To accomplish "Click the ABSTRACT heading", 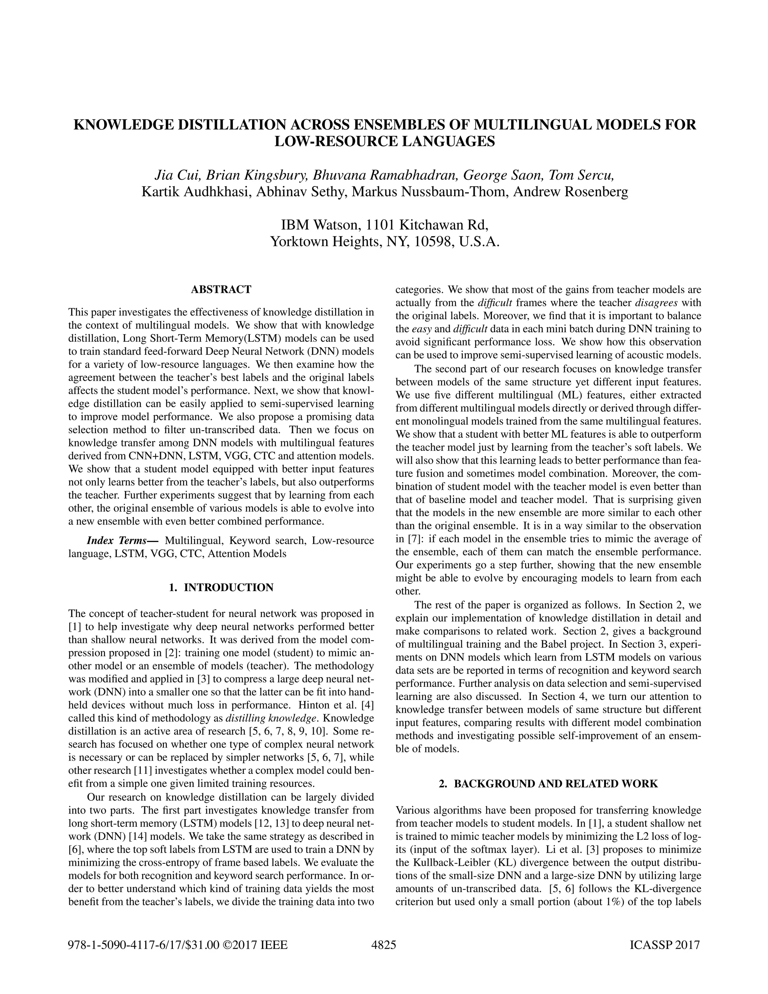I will pyautogui.click(x=221, y=290).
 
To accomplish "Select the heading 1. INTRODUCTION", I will pyautogui.click(x=221, y=587).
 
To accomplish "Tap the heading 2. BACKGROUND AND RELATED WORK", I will pyautogui.click(x=548, y=784).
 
